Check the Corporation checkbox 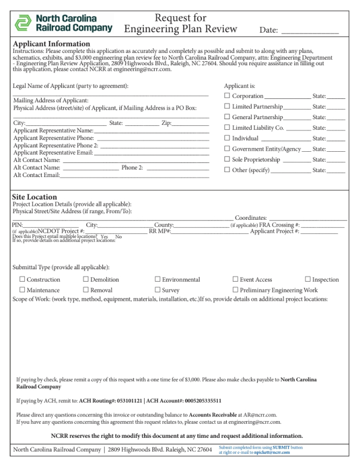[227, 97]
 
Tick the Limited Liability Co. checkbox [227, 128]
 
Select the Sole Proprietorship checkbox [227, 159]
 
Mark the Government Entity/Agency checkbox [227, 148]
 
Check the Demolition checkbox [85, 279]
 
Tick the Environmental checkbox [157, 279]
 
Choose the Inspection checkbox [308, 279]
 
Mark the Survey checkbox [157, 290]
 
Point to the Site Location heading [34, 197]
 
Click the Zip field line [193, 123]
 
